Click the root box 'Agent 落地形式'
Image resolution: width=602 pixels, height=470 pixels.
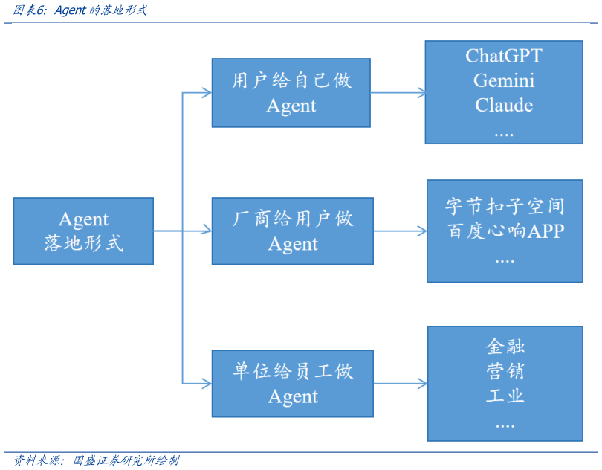tap(83, 231)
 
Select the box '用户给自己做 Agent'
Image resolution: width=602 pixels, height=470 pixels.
tap(291, 93)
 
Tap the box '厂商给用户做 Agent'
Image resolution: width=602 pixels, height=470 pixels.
tap(292, 231)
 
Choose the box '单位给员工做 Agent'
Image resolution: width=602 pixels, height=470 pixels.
tap(292, 384)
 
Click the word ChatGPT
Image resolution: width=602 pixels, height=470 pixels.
tap(503, 57)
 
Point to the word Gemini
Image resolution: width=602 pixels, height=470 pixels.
tap(503, 80)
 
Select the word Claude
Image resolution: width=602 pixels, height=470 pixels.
tap(503, 105)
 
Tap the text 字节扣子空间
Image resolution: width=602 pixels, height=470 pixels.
tap(505, 206)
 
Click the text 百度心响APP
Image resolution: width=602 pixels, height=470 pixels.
tap(505, 231)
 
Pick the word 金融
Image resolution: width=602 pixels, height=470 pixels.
tap(505, 347)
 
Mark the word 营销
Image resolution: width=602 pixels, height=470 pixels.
tap(505, 370)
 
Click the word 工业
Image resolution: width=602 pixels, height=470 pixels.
tap(505, 395)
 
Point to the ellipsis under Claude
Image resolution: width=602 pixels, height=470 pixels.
tap(503, 131)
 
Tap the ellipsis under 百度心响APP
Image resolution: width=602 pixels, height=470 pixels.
tap(505, 258)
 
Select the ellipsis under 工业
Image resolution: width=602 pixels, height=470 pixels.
tap(505, 423)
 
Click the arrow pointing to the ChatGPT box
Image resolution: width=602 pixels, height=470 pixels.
tap(399, 93)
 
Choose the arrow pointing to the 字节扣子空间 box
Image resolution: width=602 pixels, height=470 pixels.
tap(401, 231)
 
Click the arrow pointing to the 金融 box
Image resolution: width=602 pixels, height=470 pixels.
tap(401, 384)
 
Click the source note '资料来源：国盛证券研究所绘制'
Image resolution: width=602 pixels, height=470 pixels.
tap(97, 460)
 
